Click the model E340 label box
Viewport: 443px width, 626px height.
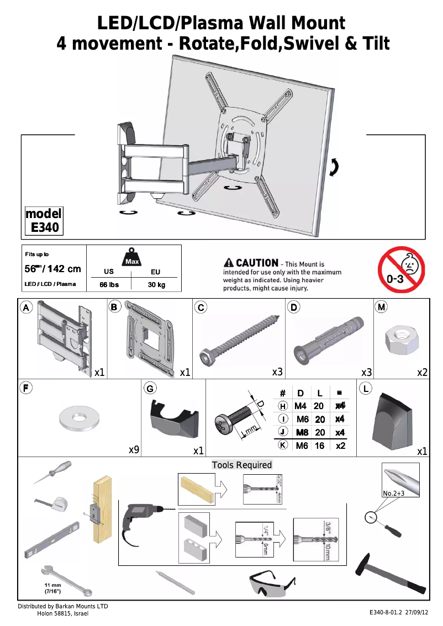point(44,221)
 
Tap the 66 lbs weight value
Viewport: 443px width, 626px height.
point(109,285)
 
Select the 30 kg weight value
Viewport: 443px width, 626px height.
point(156,285)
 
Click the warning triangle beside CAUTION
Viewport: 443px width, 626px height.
point(229,263)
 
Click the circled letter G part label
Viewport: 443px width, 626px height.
point(149,388)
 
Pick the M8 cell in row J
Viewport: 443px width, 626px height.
point(302,432)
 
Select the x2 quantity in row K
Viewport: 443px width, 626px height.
point(340,445)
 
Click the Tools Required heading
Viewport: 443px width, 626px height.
point(242,465)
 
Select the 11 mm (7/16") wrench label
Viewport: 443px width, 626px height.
point(53,588)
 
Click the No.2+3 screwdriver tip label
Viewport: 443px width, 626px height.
point(394,493)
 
